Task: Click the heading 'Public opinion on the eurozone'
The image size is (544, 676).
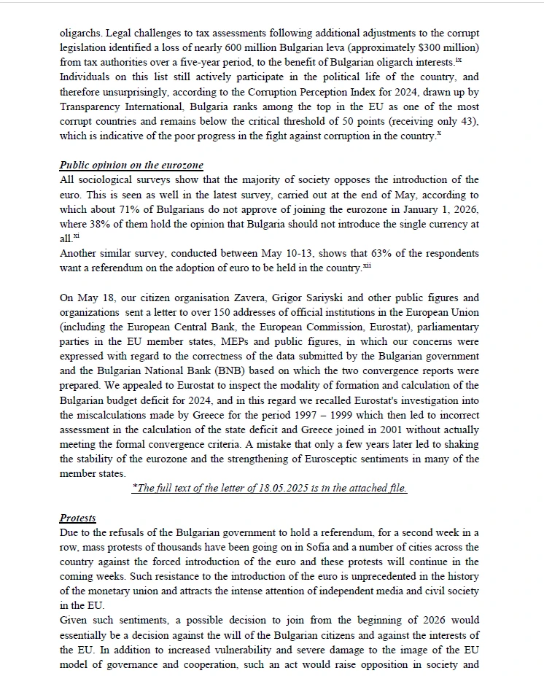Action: pos(131,165)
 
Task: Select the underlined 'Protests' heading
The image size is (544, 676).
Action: pos(78,518)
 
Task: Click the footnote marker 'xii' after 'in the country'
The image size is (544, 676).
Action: pos(366,266)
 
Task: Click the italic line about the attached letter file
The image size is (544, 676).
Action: pos(269,489)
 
